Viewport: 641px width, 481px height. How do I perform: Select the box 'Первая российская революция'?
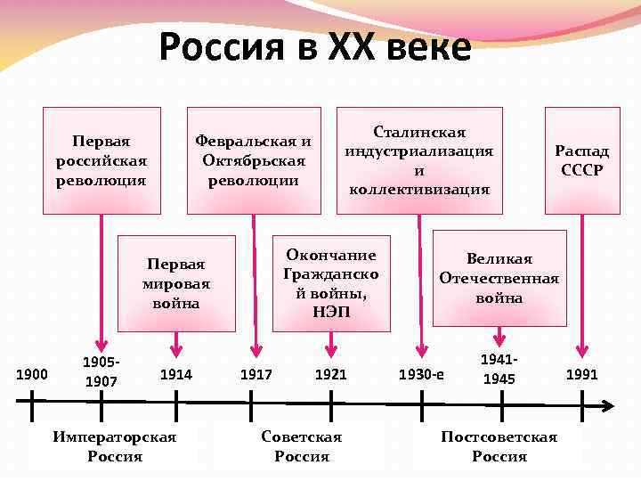[x=102, y=160]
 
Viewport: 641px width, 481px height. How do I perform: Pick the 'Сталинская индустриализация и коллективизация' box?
[x=419, y=160]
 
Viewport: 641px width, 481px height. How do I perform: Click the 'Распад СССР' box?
[x=582, y=160]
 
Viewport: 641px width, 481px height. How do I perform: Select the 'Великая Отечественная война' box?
[x=499, y=278]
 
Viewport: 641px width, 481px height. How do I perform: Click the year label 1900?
[x=32, y=375]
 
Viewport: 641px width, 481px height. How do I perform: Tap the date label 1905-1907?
[x=100, y=371]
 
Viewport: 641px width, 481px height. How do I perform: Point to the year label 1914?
[x=176, y=375]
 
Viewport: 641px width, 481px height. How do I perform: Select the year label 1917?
[x=256, y=375]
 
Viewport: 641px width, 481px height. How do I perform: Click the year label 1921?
[x=331, y=375]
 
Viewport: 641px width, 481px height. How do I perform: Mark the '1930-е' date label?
[x=421, y=376]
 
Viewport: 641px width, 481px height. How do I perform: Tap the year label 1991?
[x=582, y=375]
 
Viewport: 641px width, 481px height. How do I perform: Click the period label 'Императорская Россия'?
[x=115, y=446]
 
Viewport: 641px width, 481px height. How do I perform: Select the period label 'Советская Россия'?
[x=302, y=446]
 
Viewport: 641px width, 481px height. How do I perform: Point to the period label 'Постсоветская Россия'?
[x=499, y=446]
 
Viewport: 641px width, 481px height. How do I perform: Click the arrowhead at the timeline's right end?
[x=607, y=406]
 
